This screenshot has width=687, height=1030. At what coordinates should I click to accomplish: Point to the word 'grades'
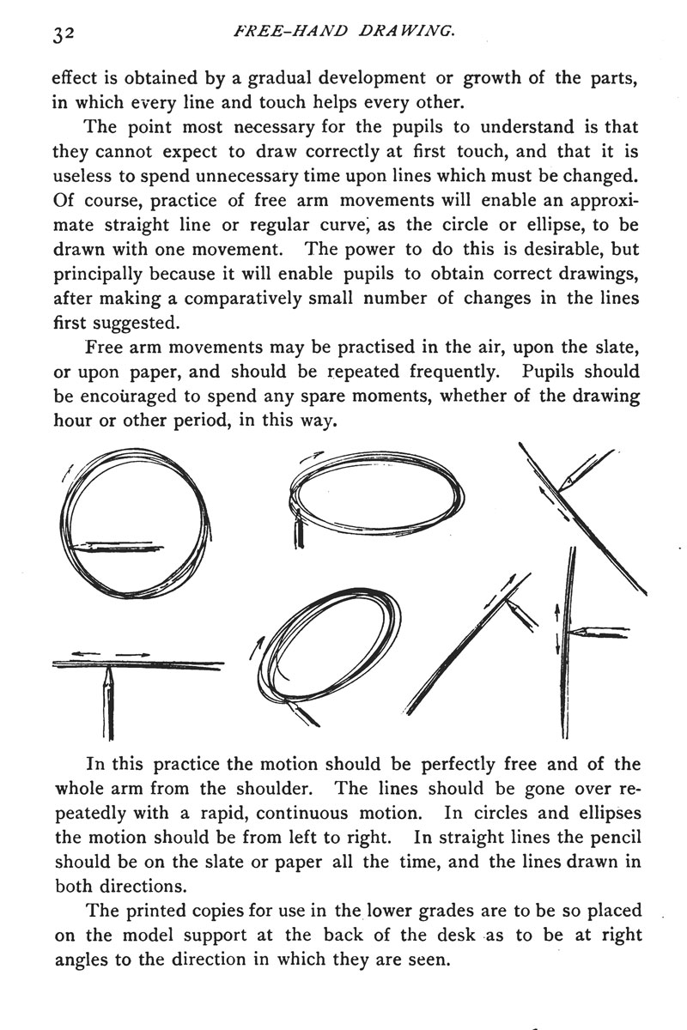click(410, 907)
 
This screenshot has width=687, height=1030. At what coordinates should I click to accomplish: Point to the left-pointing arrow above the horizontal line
click(86, 653)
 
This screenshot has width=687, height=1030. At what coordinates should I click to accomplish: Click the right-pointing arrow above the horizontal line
click(135, 654)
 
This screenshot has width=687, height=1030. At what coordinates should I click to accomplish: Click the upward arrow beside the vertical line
click(557, 612)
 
